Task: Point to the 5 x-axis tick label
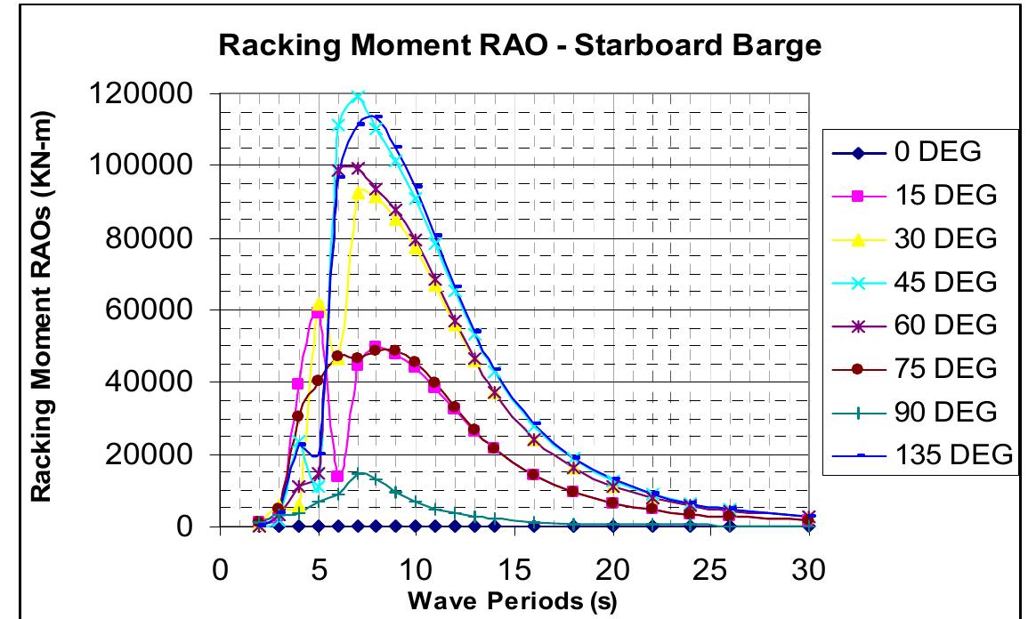click(318, 567)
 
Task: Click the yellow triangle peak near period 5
click(319, 305)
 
